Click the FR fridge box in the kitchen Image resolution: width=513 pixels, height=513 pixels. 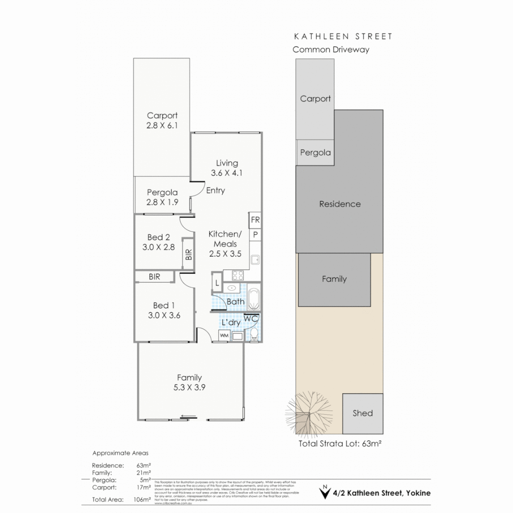point(255,219)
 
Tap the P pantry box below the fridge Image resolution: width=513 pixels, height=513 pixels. point(255,234)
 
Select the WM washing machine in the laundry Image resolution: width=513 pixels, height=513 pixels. point(223,336)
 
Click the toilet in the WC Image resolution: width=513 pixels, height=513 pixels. point(254,334)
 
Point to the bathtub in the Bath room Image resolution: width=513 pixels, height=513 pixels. point(254,297)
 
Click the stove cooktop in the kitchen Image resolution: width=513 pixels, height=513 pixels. point(237,275)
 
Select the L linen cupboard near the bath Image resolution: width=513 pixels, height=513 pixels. point(216,283)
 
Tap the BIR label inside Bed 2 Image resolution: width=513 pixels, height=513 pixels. point(189,255)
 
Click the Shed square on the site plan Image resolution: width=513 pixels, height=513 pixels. point(362,413)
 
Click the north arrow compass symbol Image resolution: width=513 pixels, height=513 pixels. point(325,493)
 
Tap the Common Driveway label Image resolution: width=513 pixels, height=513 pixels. point(331,49)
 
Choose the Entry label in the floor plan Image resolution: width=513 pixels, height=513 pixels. point(215,190)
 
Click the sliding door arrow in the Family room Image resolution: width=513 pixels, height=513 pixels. point(189,418)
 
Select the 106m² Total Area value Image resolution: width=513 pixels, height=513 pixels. point(143,499)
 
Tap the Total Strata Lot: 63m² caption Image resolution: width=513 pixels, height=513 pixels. point(340,445)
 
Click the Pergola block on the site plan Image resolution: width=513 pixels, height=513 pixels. point(315,153)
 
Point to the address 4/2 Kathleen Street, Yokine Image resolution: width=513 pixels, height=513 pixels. point(382,493)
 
